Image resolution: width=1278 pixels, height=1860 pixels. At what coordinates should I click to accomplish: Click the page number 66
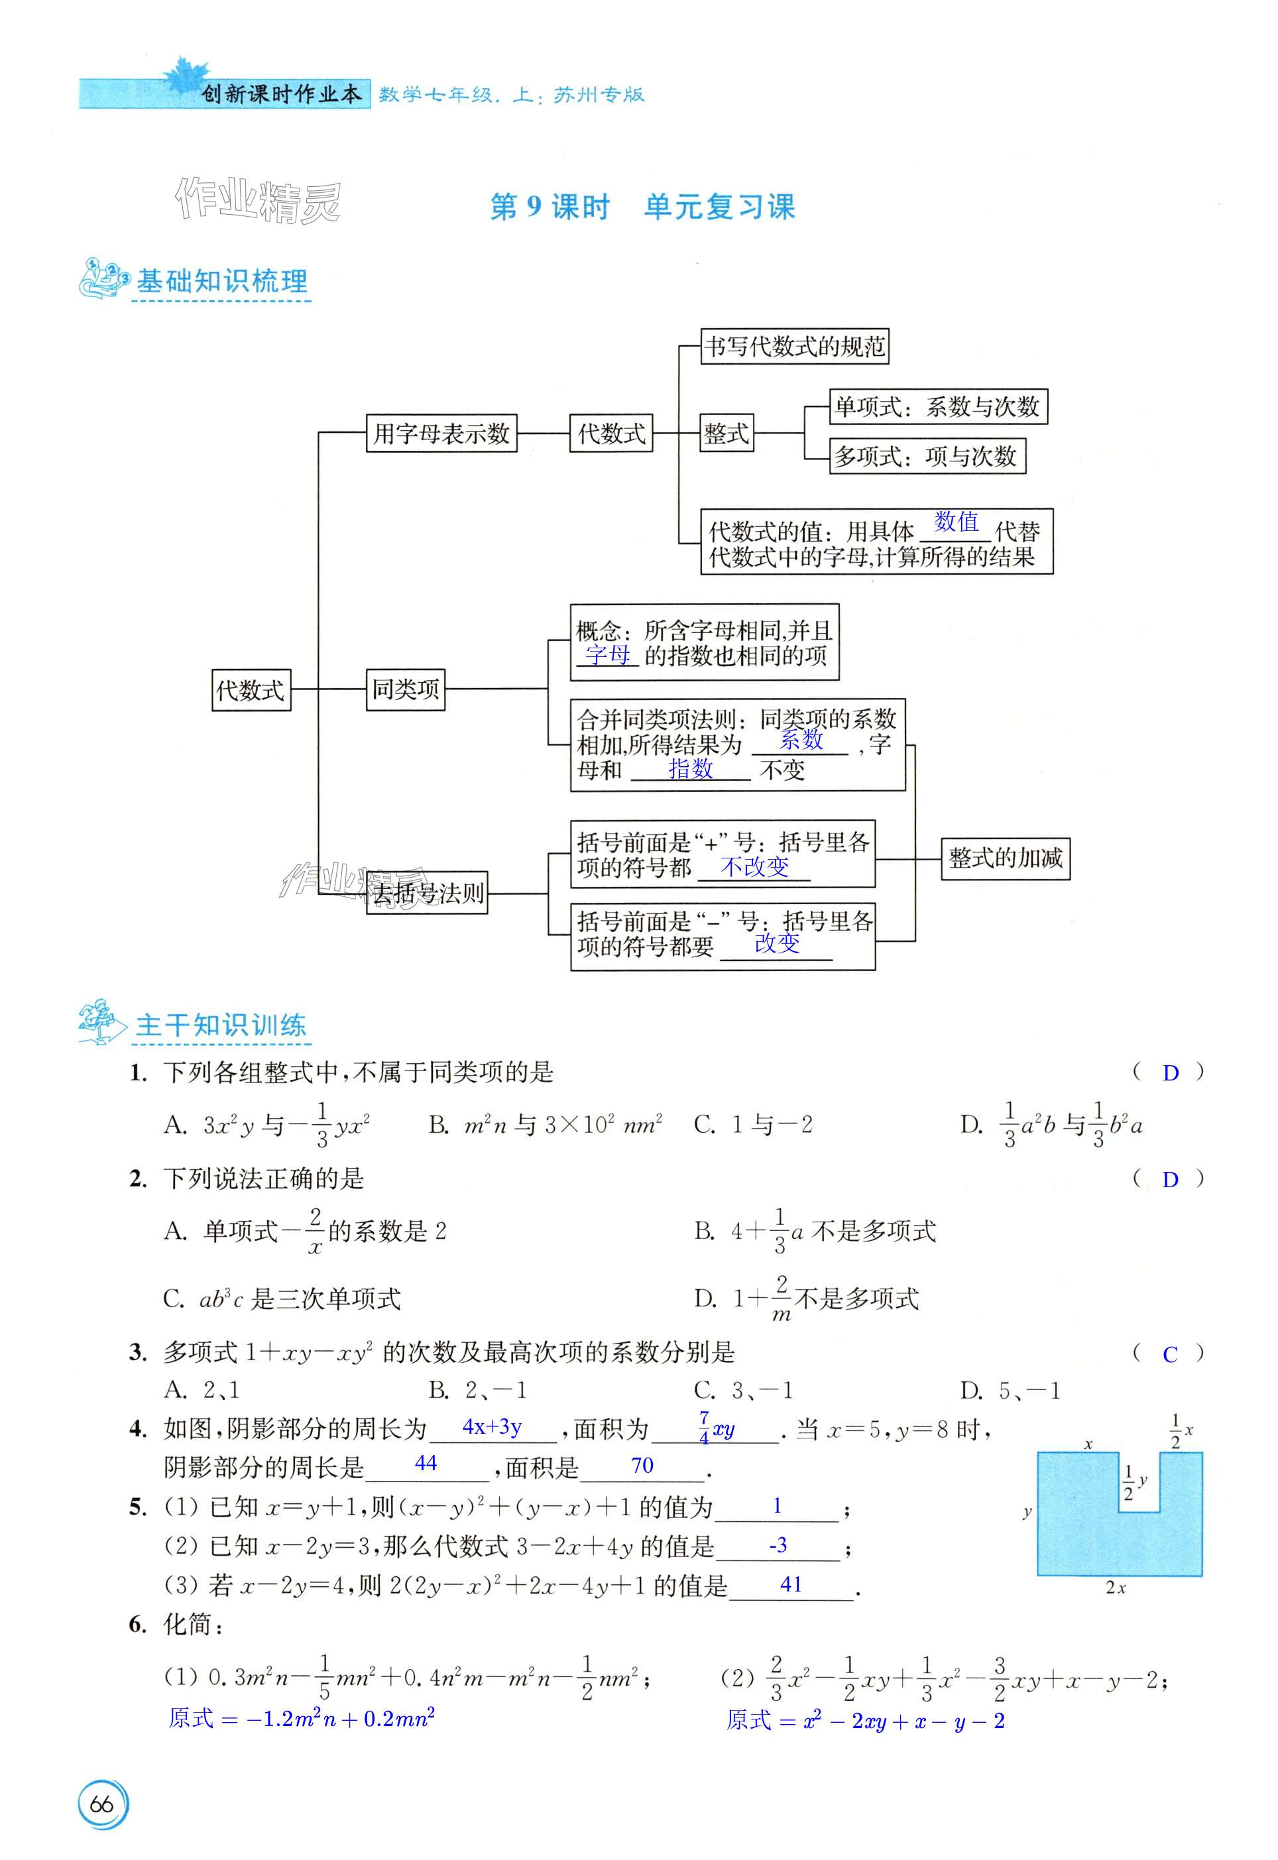click(101, 1804)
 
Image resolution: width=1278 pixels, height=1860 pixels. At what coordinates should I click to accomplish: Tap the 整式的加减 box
click(1005, 858)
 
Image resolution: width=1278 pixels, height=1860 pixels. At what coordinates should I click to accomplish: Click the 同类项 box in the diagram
click(405, 689)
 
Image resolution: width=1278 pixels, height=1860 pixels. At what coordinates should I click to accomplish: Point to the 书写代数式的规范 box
click(794, 347)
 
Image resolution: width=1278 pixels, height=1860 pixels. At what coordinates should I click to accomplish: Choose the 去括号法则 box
click(428, 894)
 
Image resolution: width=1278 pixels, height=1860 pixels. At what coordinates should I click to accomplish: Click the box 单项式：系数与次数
click(937, 407)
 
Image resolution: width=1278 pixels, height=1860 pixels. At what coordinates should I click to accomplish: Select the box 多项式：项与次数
click(927, 457)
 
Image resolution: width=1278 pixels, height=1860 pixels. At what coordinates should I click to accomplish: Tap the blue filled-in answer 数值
click(957, 522)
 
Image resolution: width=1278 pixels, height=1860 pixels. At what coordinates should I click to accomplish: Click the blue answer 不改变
click(754, 866)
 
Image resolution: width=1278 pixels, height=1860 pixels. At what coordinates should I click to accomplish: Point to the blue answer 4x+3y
click(492, 1426)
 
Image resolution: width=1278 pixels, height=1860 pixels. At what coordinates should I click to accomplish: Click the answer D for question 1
click(1170, 1073)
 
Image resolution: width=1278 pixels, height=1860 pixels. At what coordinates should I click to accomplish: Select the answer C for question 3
click(1170, 1355)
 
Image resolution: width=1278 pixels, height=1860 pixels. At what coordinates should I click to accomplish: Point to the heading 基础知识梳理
click(222, 281)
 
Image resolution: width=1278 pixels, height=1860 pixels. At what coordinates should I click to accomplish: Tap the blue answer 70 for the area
click(642, 1465)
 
